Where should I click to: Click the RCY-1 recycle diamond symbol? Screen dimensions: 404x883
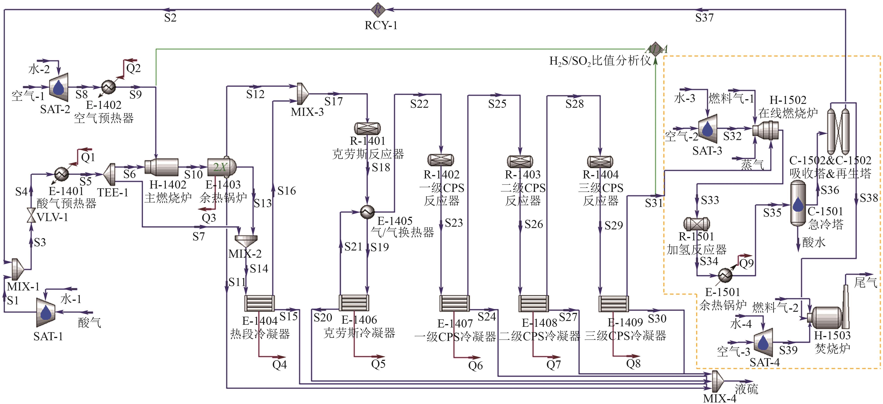click(x=378, y=10)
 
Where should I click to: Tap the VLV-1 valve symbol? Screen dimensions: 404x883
click(x=31, y=215)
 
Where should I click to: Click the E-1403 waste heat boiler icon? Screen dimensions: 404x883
click(x=222, y=167)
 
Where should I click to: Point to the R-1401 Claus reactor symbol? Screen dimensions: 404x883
click(x=367, y=129)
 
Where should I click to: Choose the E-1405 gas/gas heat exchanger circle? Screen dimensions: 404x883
click(x=367, y=212)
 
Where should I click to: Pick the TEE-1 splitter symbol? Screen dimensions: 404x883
click(x=109, y=174)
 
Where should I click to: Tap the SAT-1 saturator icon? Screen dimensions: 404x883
click(x=46, y=312)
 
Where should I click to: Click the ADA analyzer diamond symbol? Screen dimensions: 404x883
click(x=655, y=49)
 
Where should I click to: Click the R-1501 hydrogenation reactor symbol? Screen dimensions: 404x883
click(x=697, y=224)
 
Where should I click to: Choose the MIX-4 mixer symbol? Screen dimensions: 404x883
click(x=717, y=381)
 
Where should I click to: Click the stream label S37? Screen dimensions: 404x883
click(x=704, y=18)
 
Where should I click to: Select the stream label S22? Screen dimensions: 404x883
click(x=419, y=104)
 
